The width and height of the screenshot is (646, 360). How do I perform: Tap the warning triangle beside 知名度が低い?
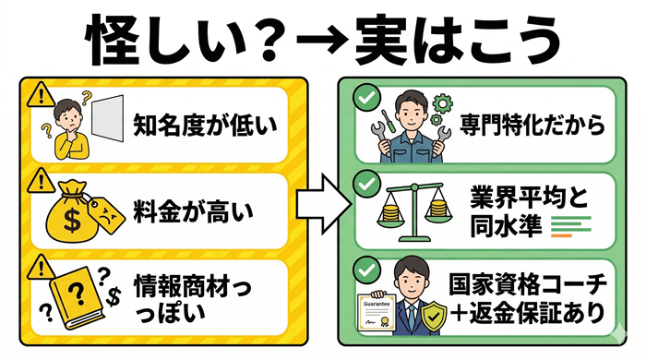(x=38, y=94)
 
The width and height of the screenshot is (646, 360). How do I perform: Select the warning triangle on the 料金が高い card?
(x=38, y=178)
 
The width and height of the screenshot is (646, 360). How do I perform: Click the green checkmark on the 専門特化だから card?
(x=367, y=95)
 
